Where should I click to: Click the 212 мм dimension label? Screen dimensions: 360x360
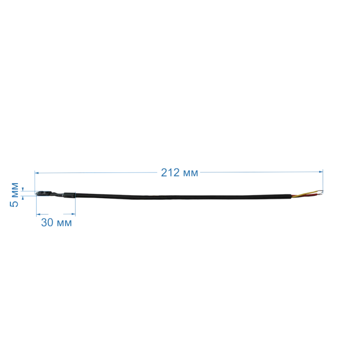180,172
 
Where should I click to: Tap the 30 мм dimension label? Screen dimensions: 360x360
56,223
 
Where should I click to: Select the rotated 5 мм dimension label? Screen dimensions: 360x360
14,195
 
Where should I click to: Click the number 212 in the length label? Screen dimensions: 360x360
170,172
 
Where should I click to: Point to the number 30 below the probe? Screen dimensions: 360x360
47,223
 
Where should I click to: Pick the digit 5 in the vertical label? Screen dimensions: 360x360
14,203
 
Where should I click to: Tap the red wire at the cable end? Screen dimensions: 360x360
305,195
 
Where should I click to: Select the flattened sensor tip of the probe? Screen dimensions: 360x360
44,193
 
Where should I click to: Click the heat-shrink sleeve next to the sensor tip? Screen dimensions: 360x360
69,195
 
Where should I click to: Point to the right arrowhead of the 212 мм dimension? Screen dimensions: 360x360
321,172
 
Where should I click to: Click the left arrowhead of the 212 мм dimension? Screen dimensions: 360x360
37,172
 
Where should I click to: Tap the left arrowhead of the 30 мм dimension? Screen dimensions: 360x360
38,214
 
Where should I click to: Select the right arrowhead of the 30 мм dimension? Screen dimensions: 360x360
73,214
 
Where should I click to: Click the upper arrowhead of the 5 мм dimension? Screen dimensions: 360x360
22,189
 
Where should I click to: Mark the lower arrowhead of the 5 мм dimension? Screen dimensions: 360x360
22,198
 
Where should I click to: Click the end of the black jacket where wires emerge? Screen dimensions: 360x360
291,196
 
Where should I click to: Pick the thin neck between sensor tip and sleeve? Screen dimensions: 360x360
57,195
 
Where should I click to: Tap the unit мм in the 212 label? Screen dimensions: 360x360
190,173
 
